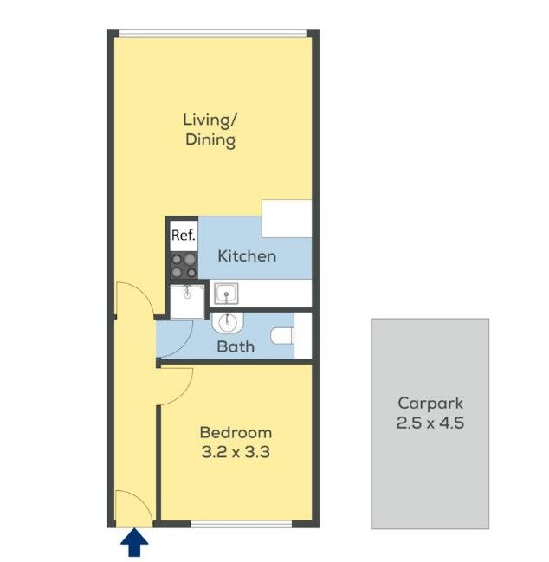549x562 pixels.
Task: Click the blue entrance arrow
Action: coord(134,542)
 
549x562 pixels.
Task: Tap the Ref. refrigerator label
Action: coord(184,236)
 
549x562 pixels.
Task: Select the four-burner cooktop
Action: coord(184,266)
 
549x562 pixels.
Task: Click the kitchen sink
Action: coord(226,294)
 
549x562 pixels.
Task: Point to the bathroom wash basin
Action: coord(228,322)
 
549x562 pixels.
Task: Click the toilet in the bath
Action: coord(282,336)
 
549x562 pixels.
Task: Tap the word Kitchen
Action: coord(247,256)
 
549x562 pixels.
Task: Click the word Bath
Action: coord(236,346)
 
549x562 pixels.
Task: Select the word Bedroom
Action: coord(236,433)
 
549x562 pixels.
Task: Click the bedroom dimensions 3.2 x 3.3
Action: coord(236,452)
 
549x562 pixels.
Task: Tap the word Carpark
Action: coord(430,404)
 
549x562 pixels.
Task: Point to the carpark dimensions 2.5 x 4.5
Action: coord(430,423)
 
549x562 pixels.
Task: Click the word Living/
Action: coord(210,120)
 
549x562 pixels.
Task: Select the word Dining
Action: coord(210,139)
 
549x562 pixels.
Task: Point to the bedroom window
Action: coord(242,525)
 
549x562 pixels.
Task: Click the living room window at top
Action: coord(212,33)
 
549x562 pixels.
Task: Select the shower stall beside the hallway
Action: coord(187,301)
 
